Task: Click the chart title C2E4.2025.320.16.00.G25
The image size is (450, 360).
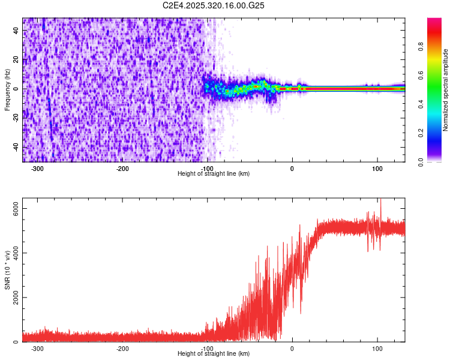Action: click(214, 5)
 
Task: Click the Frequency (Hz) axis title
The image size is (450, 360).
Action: click(7, 89)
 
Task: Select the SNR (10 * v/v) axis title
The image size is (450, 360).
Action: click(7, 270)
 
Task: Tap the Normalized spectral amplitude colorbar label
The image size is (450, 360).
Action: click(446, 91)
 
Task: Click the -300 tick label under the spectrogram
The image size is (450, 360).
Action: click(37, 168)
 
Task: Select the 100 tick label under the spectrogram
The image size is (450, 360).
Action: click(377, 168)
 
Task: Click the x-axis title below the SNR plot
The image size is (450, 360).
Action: click(214, 354)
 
